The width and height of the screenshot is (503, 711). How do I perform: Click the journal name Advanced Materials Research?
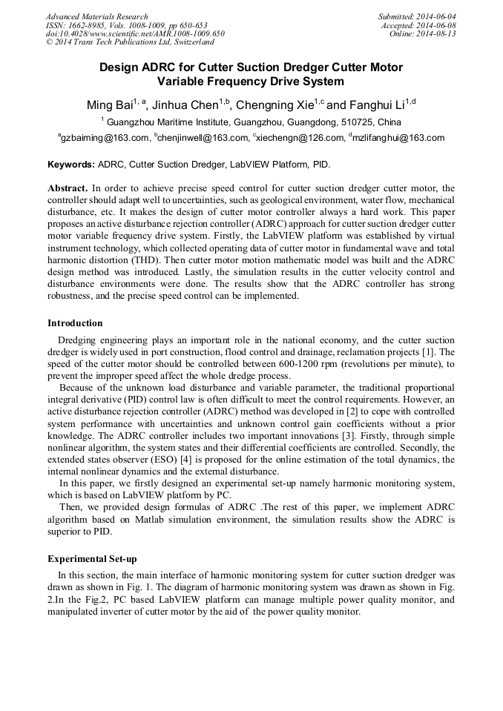pos(96,16)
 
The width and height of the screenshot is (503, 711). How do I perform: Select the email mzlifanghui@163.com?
pos(398,138)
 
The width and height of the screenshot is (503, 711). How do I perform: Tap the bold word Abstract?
pos(68,189)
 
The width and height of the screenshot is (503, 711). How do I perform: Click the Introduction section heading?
pos(75,323)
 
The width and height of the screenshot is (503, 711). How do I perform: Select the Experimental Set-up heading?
pos(91,559)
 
